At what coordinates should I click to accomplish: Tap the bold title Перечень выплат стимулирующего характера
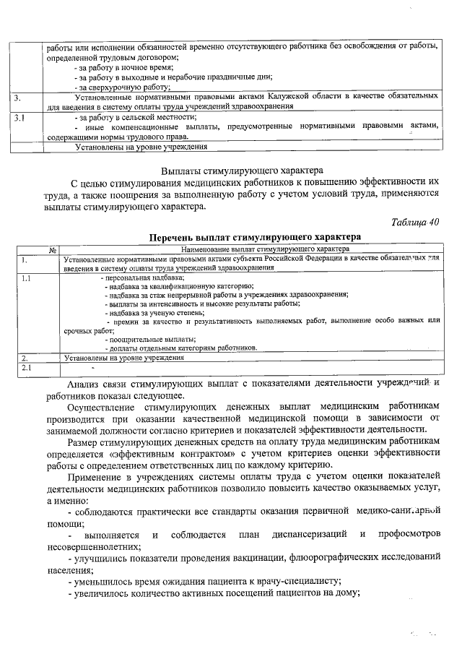click(254, 236)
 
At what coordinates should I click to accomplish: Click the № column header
click(53, 249)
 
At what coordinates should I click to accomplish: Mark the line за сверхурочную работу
click(123, 86)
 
